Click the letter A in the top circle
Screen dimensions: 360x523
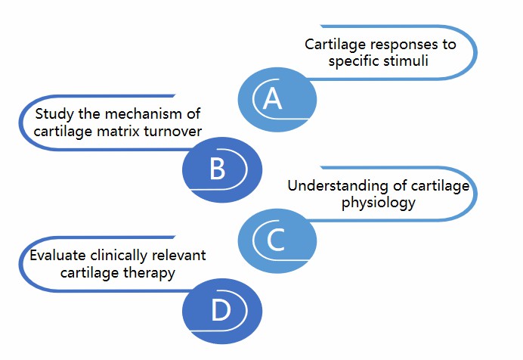click(271, 99)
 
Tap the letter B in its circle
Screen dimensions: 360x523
click(217, 169)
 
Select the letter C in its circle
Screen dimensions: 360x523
click(275, 240)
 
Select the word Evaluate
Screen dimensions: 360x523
click(55, 256)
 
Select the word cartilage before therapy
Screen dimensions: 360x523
click(95, 272)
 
